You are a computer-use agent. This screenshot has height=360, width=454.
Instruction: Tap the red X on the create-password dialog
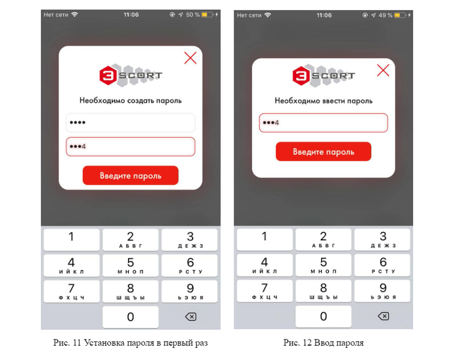click(190, 58)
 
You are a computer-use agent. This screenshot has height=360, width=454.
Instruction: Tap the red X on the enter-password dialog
click(383, 70)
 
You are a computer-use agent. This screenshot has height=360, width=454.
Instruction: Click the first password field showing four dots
click(130, 123)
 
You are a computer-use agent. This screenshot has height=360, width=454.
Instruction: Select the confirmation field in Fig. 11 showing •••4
click(130, 147)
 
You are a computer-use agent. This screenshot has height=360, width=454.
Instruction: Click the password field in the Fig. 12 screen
click(324, 123)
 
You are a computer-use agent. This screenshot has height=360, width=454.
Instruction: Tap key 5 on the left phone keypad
click(130, 265)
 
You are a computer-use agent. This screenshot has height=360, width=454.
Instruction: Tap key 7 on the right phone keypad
click(265, 291)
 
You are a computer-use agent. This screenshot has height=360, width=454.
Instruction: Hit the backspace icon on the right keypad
click(383, 316)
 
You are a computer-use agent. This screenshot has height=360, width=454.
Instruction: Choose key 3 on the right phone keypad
click(383, 239)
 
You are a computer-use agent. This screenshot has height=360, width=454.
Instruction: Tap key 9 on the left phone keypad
click(190, 291)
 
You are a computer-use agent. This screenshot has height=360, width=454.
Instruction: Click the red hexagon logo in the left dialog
click(107, 75)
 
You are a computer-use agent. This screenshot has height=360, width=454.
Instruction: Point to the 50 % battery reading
click(193, 14)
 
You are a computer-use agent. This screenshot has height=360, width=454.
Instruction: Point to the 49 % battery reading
click(386, 15)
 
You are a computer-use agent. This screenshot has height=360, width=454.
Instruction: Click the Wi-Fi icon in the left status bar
click(74, 14)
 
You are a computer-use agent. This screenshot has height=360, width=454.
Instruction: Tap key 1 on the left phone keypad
click(71, 240)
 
